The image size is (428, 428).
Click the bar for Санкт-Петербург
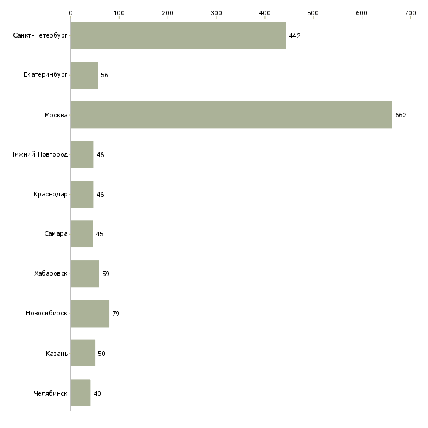(178, 36)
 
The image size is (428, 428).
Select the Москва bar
(232, 115)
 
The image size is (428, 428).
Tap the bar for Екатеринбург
(84, 75)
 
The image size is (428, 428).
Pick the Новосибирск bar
(90, 314)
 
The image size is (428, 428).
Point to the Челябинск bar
(81, 393)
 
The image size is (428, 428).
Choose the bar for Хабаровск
(85, 274)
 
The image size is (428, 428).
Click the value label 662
(400, 115)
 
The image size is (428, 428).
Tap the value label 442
(294, 36)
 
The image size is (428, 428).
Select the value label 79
(116, 314)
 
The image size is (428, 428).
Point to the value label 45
(100, 234)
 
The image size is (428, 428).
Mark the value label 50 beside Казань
(101, 354)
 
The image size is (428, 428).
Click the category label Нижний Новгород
(39, 155)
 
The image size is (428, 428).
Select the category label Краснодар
(50, 194)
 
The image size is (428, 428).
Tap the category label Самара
(56, 234)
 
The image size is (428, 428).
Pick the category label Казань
(57, 354)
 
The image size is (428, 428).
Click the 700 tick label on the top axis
(410, 13)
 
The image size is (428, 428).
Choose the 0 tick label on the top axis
(71, 13)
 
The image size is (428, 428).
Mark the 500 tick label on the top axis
(313, 13)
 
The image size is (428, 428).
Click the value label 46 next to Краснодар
(100, 195)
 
